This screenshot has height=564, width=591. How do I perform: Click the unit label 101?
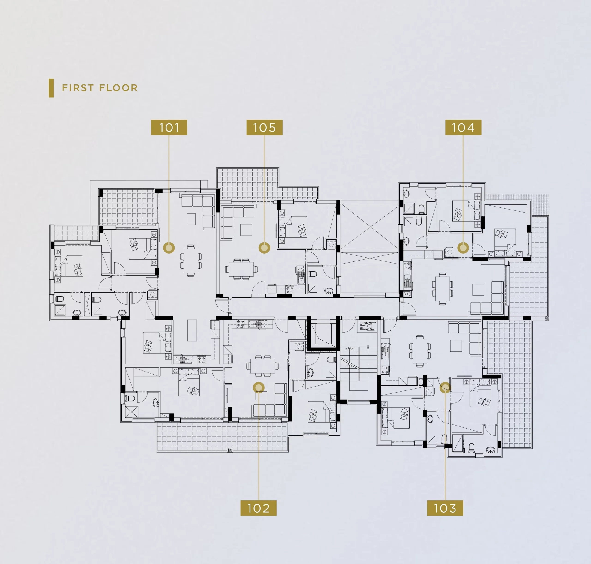click(x=169, y=127)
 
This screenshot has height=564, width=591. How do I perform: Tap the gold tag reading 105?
click(x=264, y=127)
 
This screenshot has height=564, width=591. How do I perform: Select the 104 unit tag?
click(x=463, y=127)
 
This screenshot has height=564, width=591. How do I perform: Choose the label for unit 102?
click(x=258, y=508)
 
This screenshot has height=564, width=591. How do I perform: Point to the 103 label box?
click(x=445, y=508)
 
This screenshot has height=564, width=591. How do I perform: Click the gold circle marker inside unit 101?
click(x=169, y=248)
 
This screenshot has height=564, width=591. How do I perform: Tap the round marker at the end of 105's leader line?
click(x=264, y=248)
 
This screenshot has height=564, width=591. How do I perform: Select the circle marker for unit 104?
click(x=463, y=248)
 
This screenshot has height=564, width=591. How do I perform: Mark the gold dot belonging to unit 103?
click(x=445, y=387)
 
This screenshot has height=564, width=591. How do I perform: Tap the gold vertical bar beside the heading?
click(x=51, y=88)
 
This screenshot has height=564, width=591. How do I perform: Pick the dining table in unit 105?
click(x=241, y=269)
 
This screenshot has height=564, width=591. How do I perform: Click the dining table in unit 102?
click(x=262, y=366)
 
